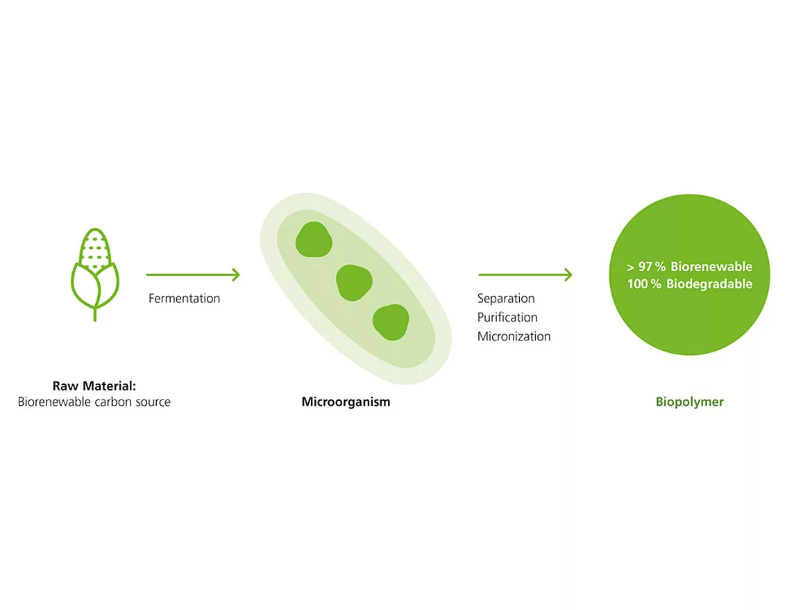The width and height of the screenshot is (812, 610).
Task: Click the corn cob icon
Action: point(95,274)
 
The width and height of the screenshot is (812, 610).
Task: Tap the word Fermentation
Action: point(184,298)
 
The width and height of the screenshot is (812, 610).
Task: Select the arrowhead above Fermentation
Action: point(235,274)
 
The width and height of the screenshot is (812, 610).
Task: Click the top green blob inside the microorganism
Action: point(314,240)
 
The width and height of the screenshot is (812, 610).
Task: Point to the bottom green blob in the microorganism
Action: point(391,322)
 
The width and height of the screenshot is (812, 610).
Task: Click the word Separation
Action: point(506,298)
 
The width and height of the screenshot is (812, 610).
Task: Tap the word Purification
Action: point(507,318)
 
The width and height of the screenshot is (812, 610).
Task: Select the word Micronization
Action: point(514,336)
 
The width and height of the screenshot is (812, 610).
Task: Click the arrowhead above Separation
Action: point(568,274)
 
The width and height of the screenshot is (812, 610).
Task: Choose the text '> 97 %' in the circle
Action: point(645,267)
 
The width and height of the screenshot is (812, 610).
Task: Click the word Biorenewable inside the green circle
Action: point(711,267)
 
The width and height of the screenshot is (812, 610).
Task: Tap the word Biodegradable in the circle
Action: point(709,283)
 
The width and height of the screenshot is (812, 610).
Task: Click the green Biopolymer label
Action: point(689,402)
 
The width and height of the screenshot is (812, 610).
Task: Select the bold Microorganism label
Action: point(346,402)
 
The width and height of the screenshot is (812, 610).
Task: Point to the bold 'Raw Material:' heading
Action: point(94,386)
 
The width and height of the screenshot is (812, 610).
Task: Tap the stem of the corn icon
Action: point(95,314)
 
